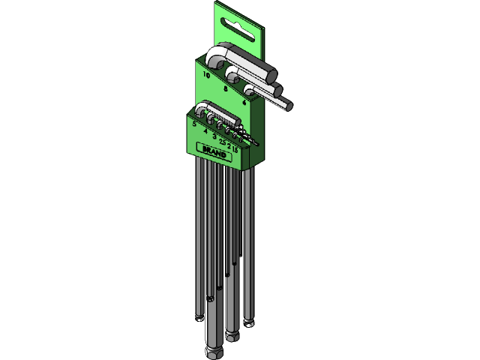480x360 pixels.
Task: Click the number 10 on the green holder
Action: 205,75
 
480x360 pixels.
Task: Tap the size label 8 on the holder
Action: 226,88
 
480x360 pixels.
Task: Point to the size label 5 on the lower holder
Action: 194,123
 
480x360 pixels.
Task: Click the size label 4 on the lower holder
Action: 205,130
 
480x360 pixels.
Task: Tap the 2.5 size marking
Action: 222,142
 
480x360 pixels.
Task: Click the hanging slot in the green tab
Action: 239,29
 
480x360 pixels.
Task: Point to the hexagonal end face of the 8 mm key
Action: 280,91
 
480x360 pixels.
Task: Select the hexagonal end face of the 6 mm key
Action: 288,106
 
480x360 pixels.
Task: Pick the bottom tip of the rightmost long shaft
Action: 250,323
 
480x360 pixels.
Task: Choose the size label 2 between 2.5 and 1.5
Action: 229,146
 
